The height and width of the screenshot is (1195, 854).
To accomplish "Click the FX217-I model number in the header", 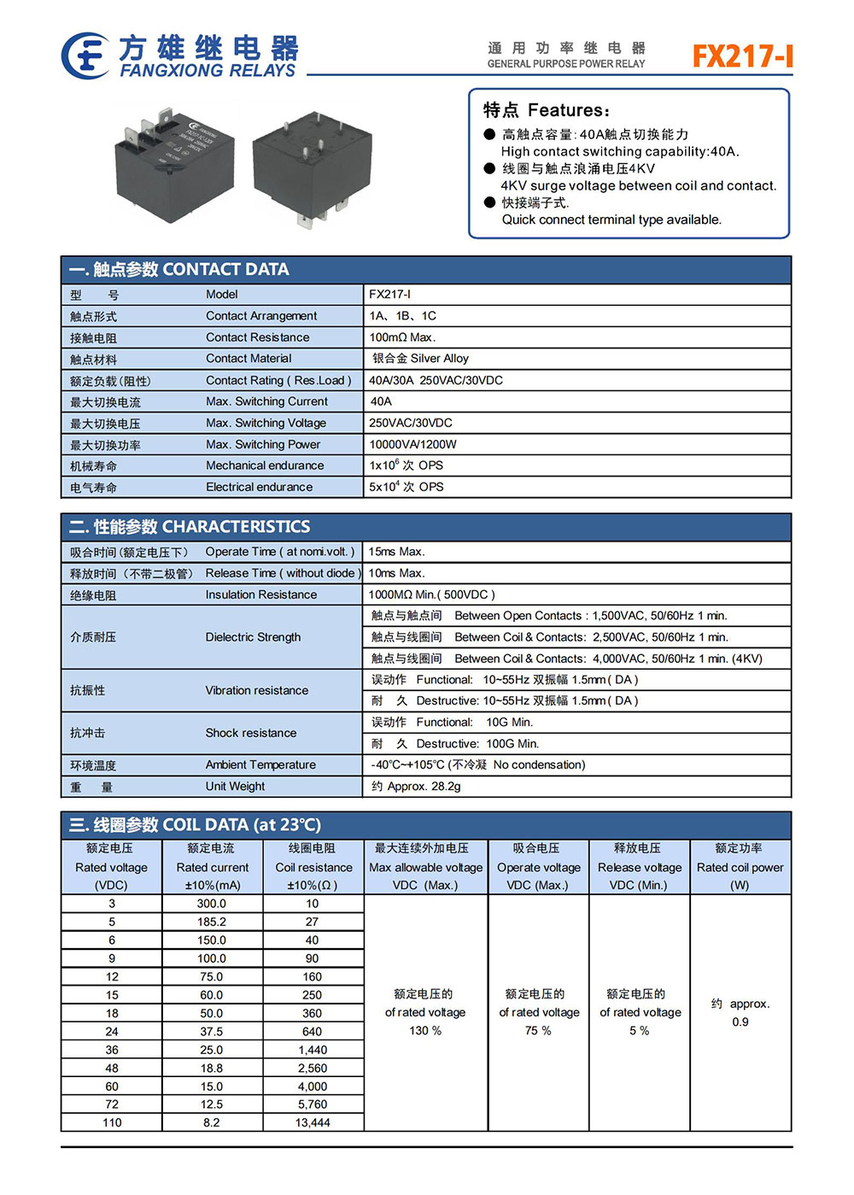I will pyautogui.click(x=741, y=56).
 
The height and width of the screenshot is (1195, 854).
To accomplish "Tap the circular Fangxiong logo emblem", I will pyautogui.click(x=85, y=56).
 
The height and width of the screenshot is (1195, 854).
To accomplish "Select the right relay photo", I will pyautogui.click(x=313, y=167).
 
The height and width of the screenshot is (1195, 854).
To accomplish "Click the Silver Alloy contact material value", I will pyautogui.click(x=420, y=359).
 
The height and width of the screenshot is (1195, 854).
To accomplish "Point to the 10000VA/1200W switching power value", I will pyautogui.click(x=412, y=444).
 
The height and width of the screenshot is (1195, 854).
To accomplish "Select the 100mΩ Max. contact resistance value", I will pyautogui.click(x=402, y=337).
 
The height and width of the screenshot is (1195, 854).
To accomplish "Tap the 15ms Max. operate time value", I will pyautogui.click(x=396, y=552).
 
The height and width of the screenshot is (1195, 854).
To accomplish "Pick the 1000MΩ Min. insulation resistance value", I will pyautogui.click(x=431, y=595).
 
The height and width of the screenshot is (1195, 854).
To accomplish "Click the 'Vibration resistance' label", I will pyautogui.click(x=256, y=690).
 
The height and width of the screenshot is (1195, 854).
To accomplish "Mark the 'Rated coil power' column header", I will pyautogui.click(x=740, y=867).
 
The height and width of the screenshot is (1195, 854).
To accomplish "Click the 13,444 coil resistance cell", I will pyautogui.click(x=313, y=1122).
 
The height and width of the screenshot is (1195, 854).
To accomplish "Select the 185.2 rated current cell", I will pyautogui.click(x=212, y=922).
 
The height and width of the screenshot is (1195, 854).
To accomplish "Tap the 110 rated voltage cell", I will pyautogui.click(x=112, y=1122).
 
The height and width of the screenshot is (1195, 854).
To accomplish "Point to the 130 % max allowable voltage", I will pyautogui.click(x=425, y=1031).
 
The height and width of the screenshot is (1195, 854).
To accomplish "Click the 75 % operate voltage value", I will pyautogui.click(x=538, y=1031).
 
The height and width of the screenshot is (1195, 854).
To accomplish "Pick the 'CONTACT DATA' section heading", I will pyautogui.click(x=225, y=270).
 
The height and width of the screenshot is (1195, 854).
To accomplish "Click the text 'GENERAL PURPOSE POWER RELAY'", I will pyautogui.click(x=566, y=64).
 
